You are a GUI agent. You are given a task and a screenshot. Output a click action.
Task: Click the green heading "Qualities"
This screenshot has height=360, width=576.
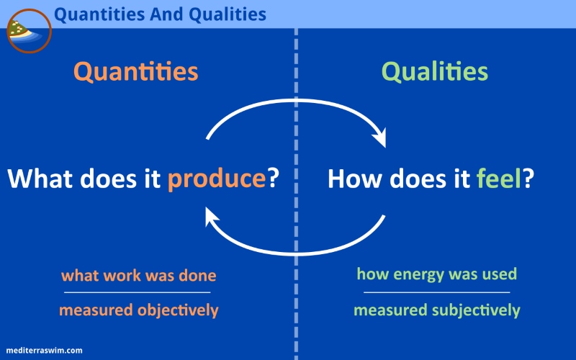(435, 71)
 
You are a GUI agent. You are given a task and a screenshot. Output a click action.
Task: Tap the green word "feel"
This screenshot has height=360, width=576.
(498, 178)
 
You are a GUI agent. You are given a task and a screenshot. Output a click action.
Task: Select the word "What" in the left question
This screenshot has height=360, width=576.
(40, 179)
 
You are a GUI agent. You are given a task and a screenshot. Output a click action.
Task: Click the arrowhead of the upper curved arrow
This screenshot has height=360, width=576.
(380, 138)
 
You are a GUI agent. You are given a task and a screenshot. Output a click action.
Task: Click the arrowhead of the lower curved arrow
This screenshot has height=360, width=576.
(211, 216)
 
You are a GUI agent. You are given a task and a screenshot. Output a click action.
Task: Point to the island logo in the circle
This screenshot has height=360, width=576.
(29, 31)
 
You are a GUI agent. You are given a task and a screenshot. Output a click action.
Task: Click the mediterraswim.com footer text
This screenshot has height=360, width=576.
(44, 351)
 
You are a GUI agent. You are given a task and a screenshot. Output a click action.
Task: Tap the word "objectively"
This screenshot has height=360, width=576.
(178, 310)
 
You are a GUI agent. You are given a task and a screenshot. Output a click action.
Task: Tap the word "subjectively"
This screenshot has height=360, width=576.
(476, 310)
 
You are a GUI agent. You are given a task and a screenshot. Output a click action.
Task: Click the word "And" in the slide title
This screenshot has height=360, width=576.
(166, 14)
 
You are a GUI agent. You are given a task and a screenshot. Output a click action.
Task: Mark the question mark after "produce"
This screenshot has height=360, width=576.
(273, 178)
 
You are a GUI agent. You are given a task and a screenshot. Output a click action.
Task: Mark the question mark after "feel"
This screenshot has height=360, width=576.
(528, 178)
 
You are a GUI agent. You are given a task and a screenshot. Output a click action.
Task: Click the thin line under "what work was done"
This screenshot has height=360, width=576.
(137, 292)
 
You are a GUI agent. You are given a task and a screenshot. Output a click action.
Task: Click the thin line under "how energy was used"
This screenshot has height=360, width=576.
(437, 292)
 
